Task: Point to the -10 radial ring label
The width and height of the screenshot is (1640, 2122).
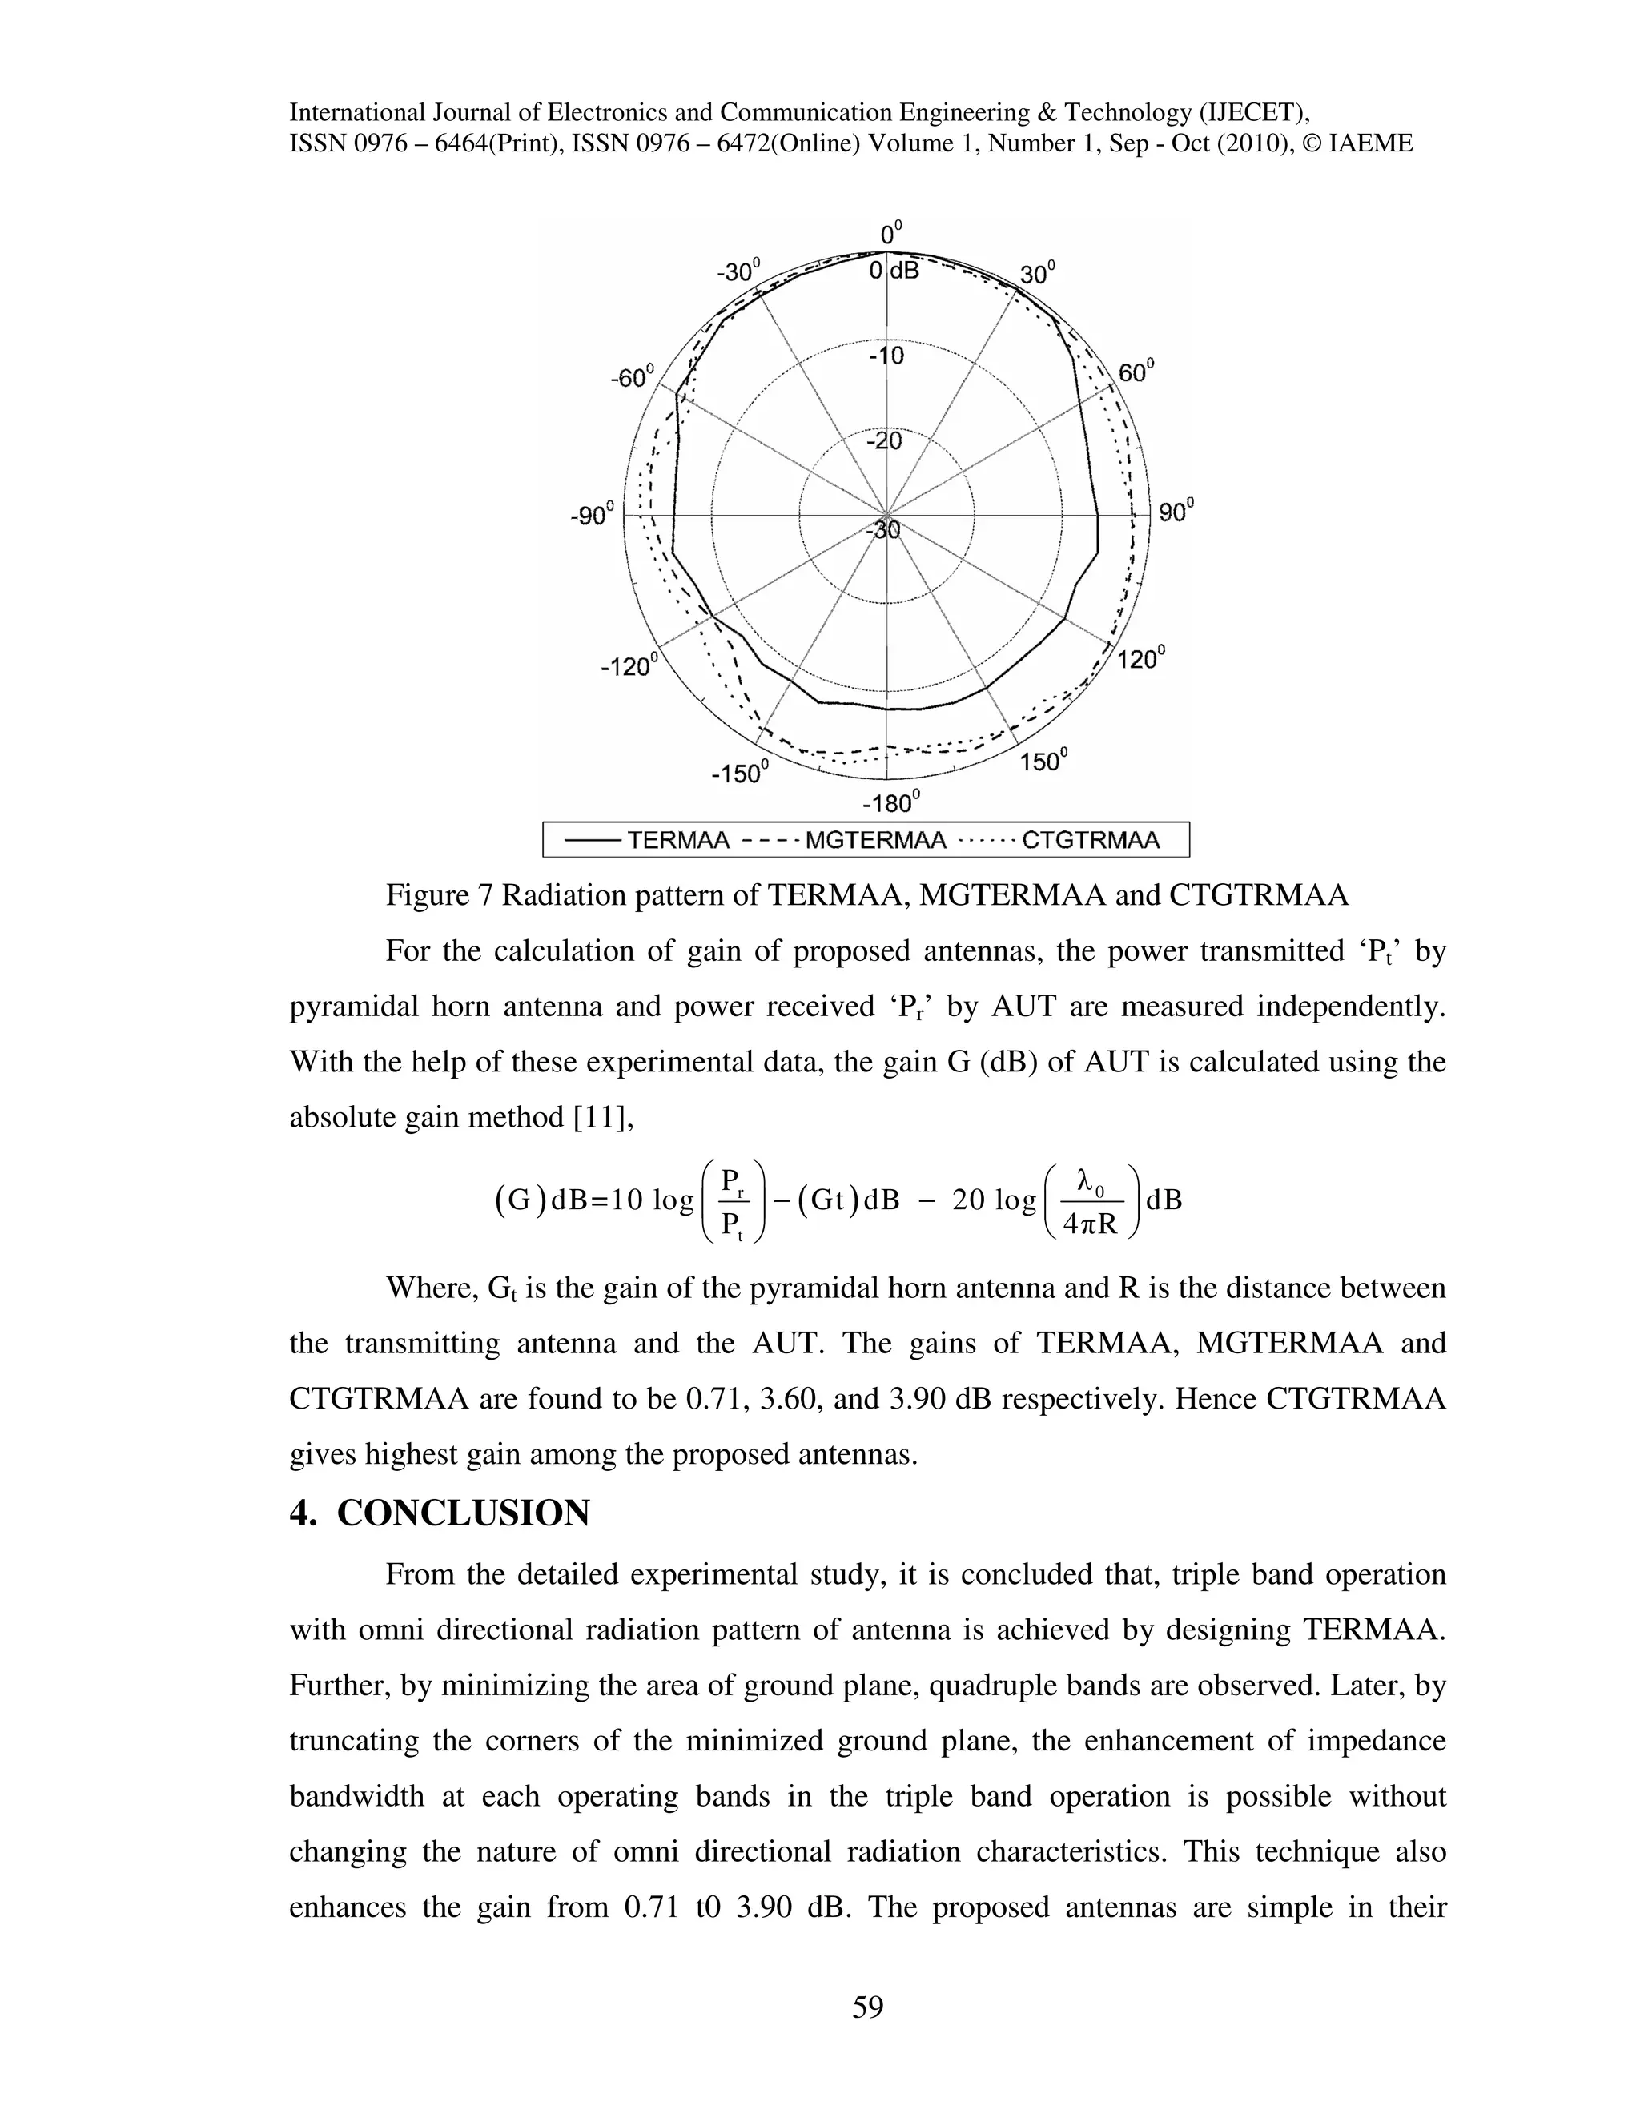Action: click(885, 356)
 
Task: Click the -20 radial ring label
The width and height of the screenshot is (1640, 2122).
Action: click(883, 441)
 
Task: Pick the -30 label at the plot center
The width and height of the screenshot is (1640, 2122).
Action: click(883, 530)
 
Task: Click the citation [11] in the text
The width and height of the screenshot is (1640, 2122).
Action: click(602, 1119)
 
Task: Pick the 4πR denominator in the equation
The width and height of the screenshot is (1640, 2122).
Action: click(1089, 1225)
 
